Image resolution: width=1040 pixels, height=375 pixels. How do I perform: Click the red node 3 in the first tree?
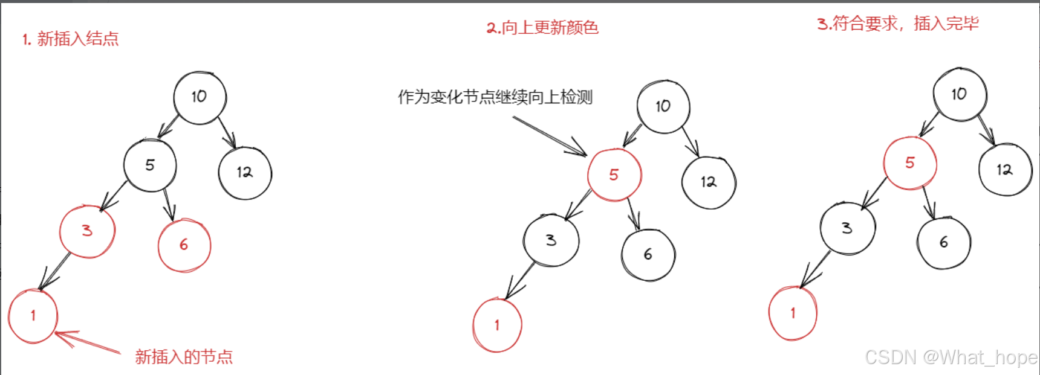pyautogui.click(x=87, y=231)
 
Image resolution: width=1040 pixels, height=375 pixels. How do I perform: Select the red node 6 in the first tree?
pyautogui.click(x=184, y=245)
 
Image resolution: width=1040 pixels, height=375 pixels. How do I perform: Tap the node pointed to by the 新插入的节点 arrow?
pyautogui.click(x=33, y=316)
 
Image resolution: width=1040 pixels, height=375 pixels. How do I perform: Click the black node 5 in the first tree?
pyautogui.click(x=150, y=165)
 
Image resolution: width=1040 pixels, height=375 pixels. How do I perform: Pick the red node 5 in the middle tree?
pyautogui.click(x=614, y=175)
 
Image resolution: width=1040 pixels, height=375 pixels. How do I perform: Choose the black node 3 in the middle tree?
pyautogui.click(x=551, y=240)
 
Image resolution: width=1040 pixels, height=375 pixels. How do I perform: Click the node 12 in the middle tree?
pyautogui.click(x=709, y=182)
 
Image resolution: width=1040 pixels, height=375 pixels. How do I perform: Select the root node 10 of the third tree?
pyautogui.click(x=960, y=94)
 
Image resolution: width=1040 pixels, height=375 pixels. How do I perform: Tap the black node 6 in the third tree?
pyautogui.click(x=944, y=243)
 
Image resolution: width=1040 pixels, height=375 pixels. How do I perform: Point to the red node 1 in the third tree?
pyautogui.click(x=793, y=313)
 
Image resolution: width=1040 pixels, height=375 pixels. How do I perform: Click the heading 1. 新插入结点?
pyautogui.click(x=71, y=39)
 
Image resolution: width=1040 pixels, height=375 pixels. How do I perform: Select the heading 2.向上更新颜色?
pyautogui.click(x=542, y=27)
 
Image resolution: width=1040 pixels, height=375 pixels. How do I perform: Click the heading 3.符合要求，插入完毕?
pyautogui.click(x=898, y=24)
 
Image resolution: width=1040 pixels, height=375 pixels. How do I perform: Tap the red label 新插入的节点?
pyautogui.click(x=184, y=357)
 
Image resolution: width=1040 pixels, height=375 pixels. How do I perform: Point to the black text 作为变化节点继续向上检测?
pyautogui.click(x=495, y=97)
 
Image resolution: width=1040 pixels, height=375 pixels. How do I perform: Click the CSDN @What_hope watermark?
pyautogui.click(x=951, y=357)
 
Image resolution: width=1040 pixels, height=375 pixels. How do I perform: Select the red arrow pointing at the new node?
pyautogui.click(x=88, y=342)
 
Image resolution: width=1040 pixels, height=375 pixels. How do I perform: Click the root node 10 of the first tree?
pyautogui.click(x=200, y=97)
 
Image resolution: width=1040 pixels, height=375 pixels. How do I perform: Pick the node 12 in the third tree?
pyautogui.click(x=1005, y=170)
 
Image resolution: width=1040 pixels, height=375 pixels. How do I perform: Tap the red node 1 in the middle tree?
pyautogui.click(x=497, y=325)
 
